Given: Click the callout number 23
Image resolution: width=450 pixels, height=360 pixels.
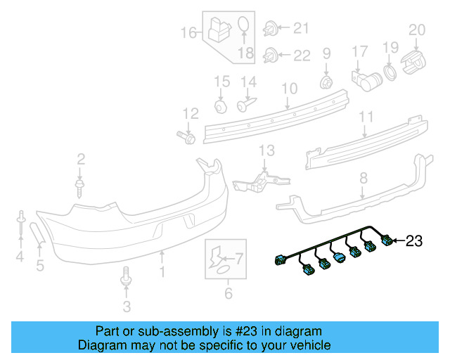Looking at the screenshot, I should coord(414,241).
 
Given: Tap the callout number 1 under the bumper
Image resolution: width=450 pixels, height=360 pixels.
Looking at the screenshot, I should coord(162,270).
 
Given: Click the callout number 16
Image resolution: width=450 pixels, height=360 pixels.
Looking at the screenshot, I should coord(188,32).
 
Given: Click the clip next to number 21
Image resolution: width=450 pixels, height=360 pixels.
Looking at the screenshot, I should coord(269,29).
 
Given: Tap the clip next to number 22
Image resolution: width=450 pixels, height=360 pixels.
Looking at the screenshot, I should coord(269,55).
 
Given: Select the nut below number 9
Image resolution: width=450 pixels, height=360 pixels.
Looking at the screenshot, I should coord(326,82).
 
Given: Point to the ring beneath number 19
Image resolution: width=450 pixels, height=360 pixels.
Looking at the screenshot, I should coord(389,73).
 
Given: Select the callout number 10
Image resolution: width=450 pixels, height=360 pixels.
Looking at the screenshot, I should coord(289,89).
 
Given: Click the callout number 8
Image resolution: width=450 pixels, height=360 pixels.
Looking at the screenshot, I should coord(363,179).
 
